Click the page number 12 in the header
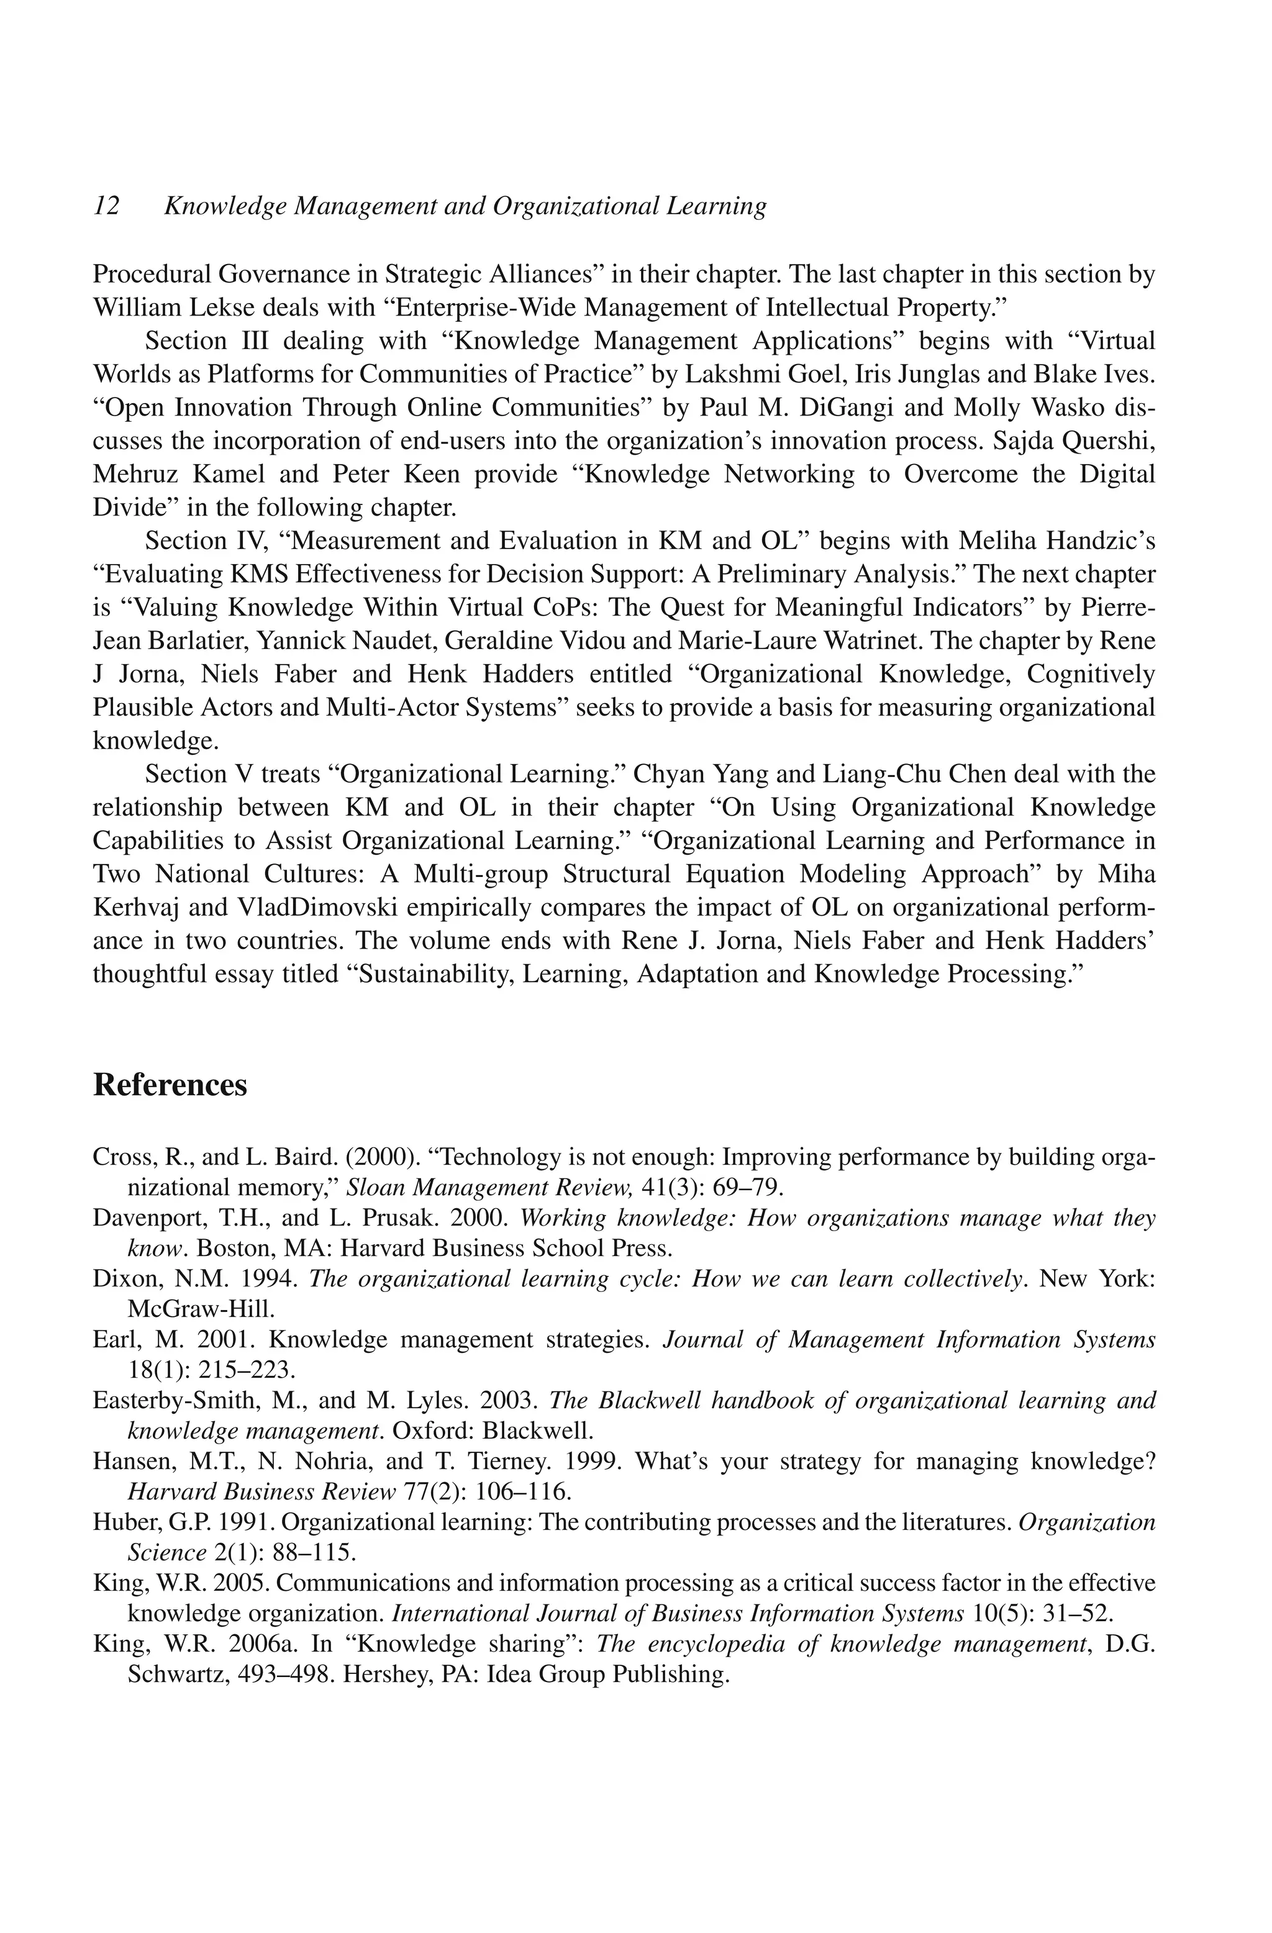106,206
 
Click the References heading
170,1085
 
